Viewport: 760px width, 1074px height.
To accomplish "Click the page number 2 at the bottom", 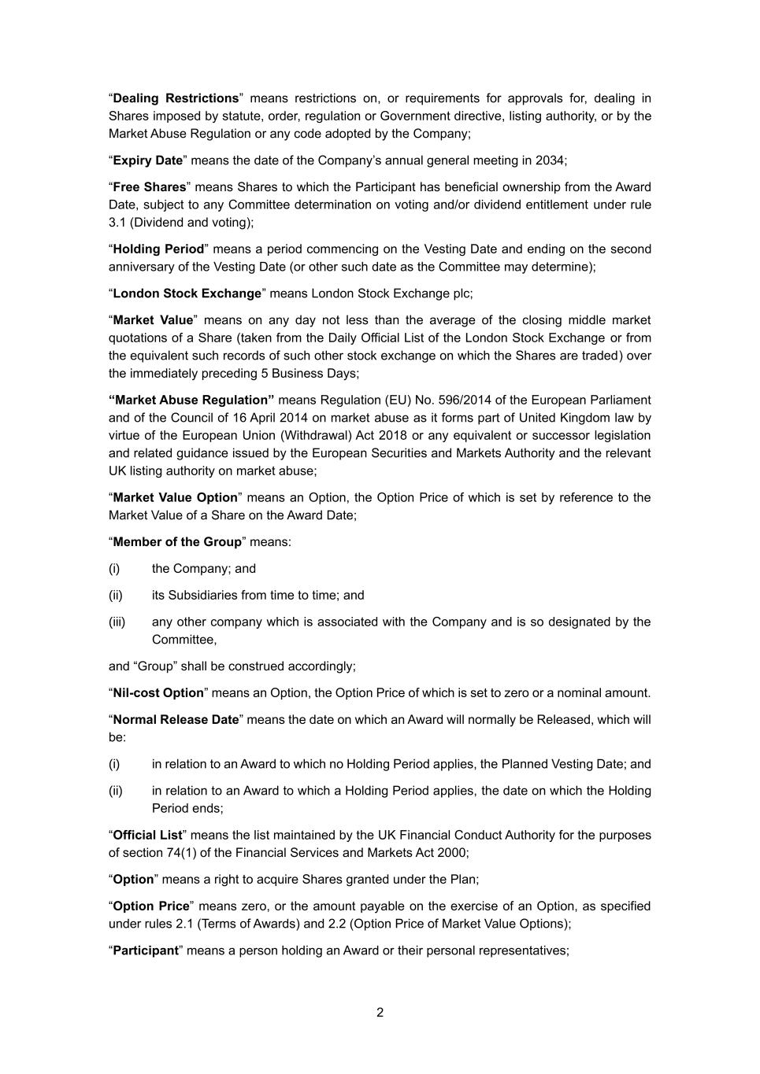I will coord(380,1013).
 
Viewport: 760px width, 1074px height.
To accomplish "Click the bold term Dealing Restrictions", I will coord(176,98).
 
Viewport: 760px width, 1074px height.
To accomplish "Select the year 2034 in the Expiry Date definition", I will coord(550,161).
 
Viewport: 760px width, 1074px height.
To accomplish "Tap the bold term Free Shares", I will coord(150,187).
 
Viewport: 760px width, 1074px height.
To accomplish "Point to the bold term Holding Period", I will coord(158,249).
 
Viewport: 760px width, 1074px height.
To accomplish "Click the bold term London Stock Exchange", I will coord(187,293).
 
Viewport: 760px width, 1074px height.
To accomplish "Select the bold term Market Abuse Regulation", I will coord(191,400).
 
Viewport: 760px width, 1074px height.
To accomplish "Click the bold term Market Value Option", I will coord(175,498).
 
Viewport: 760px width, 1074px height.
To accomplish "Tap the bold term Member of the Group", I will coord(177,542).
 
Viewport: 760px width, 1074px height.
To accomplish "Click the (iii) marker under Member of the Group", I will coord(117,622).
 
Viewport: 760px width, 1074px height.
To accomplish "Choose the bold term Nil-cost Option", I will coord(158,693).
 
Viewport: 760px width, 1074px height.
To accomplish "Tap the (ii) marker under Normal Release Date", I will coord(116,791).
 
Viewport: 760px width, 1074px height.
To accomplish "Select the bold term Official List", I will coord(147,835).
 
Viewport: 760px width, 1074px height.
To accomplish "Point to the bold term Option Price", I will coord(151,906).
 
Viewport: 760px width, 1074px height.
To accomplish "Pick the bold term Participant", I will coord(146,950).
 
